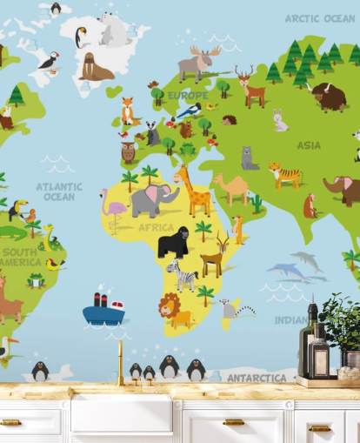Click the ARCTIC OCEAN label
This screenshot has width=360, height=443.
[x=319, y=18]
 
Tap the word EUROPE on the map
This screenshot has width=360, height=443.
[x=187, y=96]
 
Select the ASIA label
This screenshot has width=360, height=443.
[x=309, y=145]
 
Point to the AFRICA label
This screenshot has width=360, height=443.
[x=157, y=228]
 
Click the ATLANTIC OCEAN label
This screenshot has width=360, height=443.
[x=59, y=191]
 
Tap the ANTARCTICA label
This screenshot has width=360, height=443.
[x=257, y=378]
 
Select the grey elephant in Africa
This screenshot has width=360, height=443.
[x=153, y=200]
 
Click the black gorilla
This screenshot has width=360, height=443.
[x=173, y=243]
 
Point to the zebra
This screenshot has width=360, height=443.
[x=183, y=274]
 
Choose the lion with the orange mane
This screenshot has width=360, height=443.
[x=173, y=309]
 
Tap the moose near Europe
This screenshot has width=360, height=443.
[x=199, y=64]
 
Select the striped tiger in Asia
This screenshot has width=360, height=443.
[x=284, y=175]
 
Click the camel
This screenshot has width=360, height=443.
[x=233, y=187]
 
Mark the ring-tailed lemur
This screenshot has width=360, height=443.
[x=233, y=308]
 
